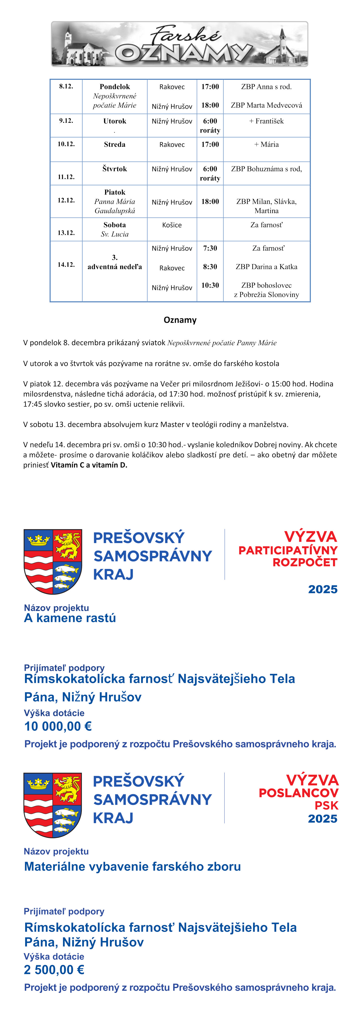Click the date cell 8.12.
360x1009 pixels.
(x=66, y=86)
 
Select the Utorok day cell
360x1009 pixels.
(x=114, y=121)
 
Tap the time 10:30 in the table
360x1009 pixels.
(x=210, y=285)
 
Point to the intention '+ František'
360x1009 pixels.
(x=266, y=121)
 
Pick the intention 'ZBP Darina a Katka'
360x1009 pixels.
(x=266, y=267)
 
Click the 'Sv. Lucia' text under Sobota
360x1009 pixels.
(x=114, y=234)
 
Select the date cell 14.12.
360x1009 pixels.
(x=66, y=264)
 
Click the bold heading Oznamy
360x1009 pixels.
(x=180, y=320)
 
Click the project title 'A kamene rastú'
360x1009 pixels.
(x=70, y=618)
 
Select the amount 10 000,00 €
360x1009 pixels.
(x=58, y=726)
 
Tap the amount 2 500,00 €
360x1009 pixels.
(x=54, y=970)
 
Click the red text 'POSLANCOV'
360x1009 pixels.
(x=299, y=793)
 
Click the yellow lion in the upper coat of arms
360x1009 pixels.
(x=67, y=545)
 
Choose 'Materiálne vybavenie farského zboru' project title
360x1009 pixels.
(x=132, y=866)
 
